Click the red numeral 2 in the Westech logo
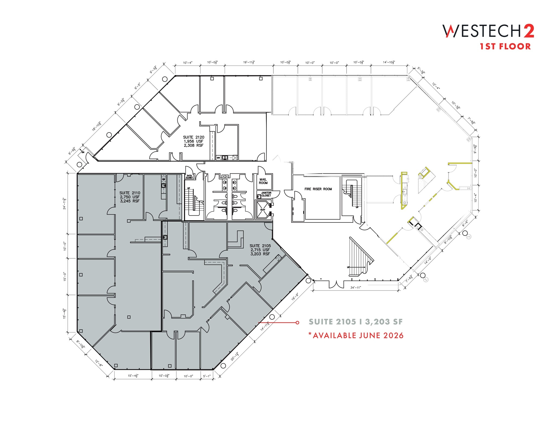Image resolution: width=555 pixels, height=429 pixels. tap(528, 31)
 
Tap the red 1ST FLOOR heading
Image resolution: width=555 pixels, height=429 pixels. tap(505, 46)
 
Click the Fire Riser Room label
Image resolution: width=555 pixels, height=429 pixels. tap(318, 189)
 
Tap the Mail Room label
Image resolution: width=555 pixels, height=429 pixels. tap(263, 181)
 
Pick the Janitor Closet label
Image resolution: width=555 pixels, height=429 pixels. tap(266, 194)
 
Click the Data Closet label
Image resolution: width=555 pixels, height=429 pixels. tap(189, 177)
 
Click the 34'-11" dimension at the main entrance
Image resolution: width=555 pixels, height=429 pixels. tap(356, 288)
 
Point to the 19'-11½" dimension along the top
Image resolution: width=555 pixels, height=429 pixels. tap(249, 62)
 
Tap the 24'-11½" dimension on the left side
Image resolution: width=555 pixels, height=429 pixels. tap(64, 203)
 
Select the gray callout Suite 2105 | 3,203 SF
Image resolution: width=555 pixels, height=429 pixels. tap(356, 322)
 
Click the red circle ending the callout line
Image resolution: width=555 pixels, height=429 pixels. tap(297, 322)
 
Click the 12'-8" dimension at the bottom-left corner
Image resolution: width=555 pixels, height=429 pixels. tap(99, 363)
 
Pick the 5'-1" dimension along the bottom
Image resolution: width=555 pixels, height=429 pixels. tap(206, 376)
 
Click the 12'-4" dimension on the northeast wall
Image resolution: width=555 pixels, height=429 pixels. tap(436, 86)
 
